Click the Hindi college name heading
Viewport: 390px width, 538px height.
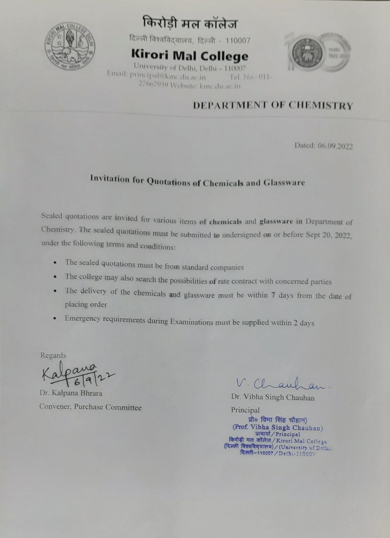pos(190,24)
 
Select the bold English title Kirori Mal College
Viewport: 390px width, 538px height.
pos(190,55)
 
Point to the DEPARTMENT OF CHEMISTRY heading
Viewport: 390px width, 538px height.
pos(273,105)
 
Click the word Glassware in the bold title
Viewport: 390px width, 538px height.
pos(284,182)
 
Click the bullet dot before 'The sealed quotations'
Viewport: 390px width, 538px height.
pos(55,262)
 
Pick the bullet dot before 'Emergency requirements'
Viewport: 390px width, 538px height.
pos(55,318)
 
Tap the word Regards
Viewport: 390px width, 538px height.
pos(53,355)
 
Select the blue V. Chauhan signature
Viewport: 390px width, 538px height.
pos(282,384)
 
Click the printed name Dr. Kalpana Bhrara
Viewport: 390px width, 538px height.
pos(71,393)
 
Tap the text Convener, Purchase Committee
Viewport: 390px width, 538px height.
pos(90,407)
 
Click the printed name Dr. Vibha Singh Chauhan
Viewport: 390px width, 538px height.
pos(273,398)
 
